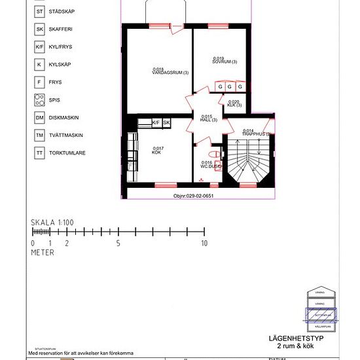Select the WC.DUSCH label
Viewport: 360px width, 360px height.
click(209, 165)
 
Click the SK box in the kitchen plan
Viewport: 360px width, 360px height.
click(166, 122)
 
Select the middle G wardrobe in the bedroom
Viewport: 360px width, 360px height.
click(230, 87)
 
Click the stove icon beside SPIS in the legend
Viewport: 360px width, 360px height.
click(40, 100)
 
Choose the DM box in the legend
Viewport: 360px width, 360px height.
click(40, 118)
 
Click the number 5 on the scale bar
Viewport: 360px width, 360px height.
click(118, 243)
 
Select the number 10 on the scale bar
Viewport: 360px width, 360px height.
click(204, 243)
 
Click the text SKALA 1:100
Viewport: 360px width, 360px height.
click(52, 223)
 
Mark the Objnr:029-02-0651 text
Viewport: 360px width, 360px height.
click(194, 195)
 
